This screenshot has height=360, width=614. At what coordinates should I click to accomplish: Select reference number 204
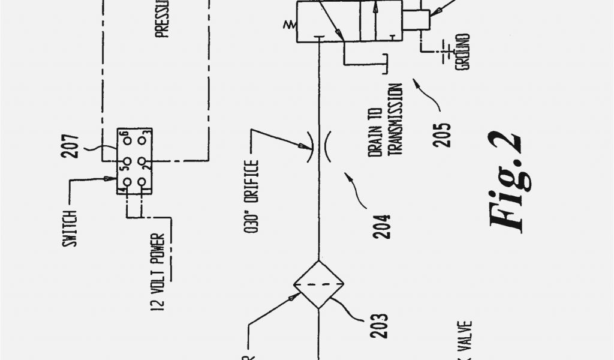tap(382, 226)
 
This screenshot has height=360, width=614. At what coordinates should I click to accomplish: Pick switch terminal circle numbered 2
tap(142, 161)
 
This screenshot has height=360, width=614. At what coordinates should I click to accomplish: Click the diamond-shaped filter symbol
tap(317, 285)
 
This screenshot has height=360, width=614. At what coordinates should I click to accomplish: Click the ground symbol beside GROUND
tap(447, 53)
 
